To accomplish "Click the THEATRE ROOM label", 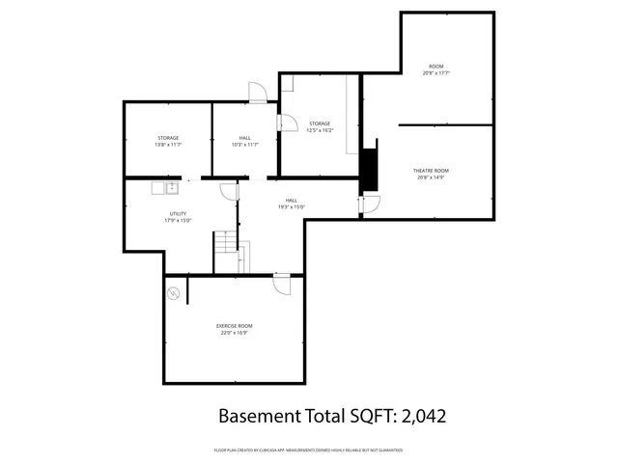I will click(432, 171).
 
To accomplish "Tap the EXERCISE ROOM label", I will click(234, 326).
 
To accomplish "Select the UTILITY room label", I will click(178, 214).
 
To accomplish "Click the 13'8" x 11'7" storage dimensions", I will click(168, 145).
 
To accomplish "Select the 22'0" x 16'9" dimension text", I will click(234, 333).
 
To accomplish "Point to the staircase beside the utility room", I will click(226, 252).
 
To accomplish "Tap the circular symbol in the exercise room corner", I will click(174, 293).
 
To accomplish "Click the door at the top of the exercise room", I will click(282, 284).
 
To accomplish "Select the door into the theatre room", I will click(371, 204).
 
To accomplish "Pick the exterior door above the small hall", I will click(258, 93).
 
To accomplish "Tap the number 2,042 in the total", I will click(419, 417).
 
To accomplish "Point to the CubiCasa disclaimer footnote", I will click(308, 450).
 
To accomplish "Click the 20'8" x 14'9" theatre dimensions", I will click(432, 177).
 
